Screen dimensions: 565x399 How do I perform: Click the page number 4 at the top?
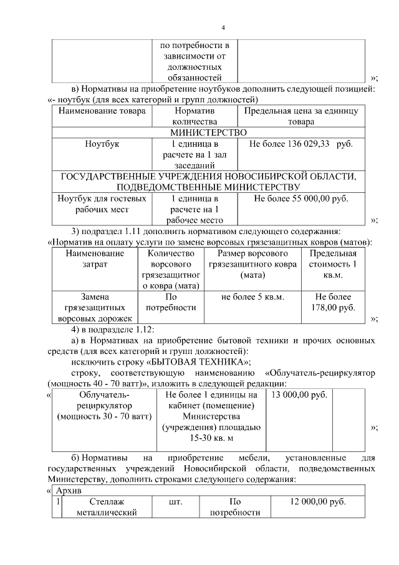(223, 27)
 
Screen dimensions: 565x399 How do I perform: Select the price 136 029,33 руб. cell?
(300, 144)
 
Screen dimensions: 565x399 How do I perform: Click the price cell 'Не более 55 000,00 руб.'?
(301, 199)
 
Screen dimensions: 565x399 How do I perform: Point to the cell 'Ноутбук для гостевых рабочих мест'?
(102, 204)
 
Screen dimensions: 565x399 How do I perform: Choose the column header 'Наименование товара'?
(102, 111)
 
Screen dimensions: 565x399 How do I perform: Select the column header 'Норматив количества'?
(194, 117)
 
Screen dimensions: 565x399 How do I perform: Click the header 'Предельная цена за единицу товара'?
(300, 117)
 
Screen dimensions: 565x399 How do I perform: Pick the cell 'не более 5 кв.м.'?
(252, 297)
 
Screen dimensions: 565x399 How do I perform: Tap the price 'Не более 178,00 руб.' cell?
(335, 302)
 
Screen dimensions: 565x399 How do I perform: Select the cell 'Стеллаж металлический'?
(105, 507)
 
